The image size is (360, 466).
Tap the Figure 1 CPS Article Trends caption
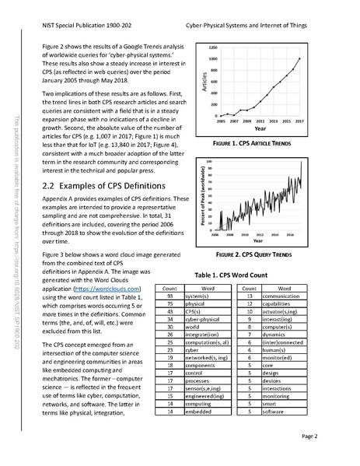point(257,145)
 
